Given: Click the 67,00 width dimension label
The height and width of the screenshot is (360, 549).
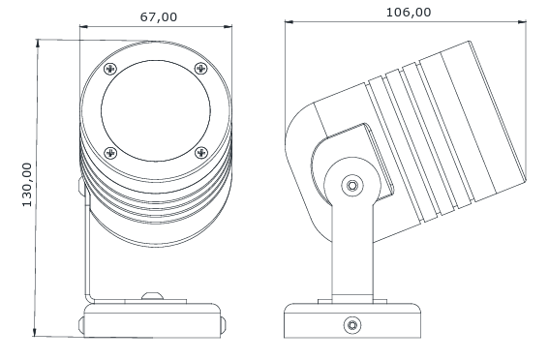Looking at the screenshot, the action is pos(159,17).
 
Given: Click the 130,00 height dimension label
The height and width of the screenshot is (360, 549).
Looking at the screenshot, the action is pos(27,185).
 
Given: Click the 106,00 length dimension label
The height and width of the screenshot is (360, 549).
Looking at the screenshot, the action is pos(409,13).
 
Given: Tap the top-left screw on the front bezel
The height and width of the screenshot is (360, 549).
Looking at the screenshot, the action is pos(110,69).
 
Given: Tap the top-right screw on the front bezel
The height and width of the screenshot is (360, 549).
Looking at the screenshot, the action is pos(200,68).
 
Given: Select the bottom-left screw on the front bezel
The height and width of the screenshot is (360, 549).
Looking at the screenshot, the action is pos(110,153).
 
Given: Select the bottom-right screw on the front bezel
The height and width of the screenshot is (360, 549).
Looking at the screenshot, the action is pos(201,153).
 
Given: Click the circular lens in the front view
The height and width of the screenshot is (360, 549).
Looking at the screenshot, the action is pos(156,110).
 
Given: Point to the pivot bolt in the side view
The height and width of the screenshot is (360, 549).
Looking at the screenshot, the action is pos(352,185).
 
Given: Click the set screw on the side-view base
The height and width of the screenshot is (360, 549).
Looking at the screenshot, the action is pos(352,325).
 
